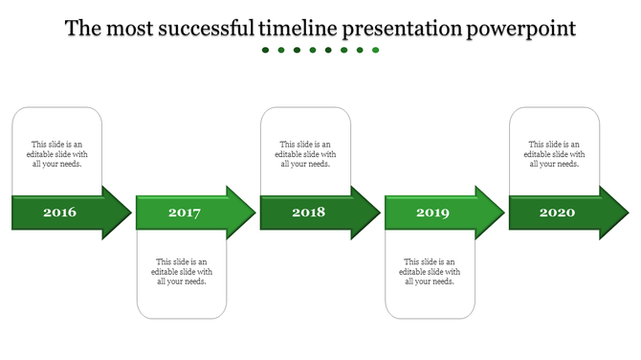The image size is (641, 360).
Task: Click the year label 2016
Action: click(x=59, y=212)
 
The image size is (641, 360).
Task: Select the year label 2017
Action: click(x=184, y=213)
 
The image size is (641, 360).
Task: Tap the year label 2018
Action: click(x=308, y=212)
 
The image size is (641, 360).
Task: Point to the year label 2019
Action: click(x=432, y=213)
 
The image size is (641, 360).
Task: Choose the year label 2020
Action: click(x=557, y=212)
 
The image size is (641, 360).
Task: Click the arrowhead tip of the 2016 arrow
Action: click(x=130, y=213)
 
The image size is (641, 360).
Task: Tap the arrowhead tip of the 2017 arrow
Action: click(x=254, y=213)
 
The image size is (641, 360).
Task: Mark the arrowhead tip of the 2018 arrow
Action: click(x=379, y=213)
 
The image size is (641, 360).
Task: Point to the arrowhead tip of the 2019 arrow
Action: click(x=503, y=213)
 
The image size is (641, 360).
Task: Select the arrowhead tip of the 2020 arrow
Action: click(x=628, y=213)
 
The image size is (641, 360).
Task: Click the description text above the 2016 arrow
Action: click(x=56, y=154)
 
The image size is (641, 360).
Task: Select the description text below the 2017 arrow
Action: click(x=182, y=271)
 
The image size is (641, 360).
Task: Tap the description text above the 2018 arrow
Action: click(x=305, y=154)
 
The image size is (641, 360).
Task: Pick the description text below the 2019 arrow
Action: click(x=430, y=271)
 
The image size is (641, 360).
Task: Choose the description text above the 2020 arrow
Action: click(x=554, y=154)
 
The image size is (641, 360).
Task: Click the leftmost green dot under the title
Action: click(x=266, y=50)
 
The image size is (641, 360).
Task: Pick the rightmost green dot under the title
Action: click(x=376, y=50)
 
